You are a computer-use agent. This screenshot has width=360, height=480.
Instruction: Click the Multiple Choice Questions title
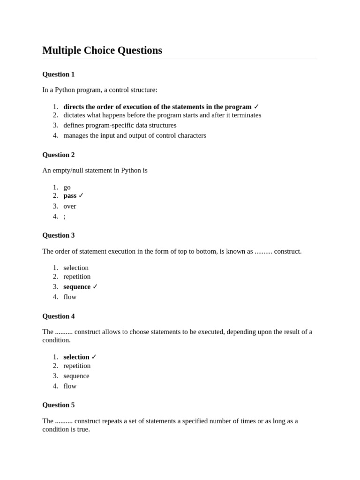(x=102, y=51)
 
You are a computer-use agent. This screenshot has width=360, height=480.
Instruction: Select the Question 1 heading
(x=59, y=74)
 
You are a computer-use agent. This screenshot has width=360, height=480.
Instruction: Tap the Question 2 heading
(x=59, y=155)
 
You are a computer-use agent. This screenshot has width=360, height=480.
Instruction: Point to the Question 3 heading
(x=59, y=235)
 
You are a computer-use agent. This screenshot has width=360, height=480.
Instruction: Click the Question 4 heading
(x=59, y=316)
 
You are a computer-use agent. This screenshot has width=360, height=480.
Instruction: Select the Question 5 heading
(x=59, y=405)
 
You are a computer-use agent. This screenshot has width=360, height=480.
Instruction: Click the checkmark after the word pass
(x=81, y=195)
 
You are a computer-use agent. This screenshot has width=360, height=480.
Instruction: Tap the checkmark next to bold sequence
(x=95, y=286)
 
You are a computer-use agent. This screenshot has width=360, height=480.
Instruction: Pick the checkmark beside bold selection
(x=94, y=357)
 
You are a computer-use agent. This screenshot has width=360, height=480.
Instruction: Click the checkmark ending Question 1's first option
(x=256, y=107)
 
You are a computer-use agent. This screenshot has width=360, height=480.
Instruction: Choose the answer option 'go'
(x=67, y=187)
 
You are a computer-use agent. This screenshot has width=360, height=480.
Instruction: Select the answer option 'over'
(x=70, y=206)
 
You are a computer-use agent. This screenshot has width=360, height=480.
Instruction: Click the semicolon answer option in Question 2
(x=65, y=216)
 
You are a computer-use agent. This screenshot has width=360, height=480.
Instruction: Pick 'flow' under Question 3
(x=70, y=297)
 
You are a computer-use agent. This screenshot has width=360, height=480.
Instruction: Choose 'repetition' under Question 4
(x=77, y=366)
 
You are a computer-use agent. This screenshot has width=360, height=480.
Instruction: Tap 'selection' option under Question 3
(x=76, y=268)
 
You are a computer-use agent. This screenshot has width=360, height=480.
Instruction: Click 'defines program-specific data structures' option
(x=120, y=125)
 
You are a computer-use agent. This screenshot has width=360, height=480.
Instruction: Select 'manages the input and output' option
(x=135, y=135)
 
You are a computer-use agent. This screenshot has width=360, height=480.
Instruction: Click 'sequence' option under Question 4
(x=76, y=376)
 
